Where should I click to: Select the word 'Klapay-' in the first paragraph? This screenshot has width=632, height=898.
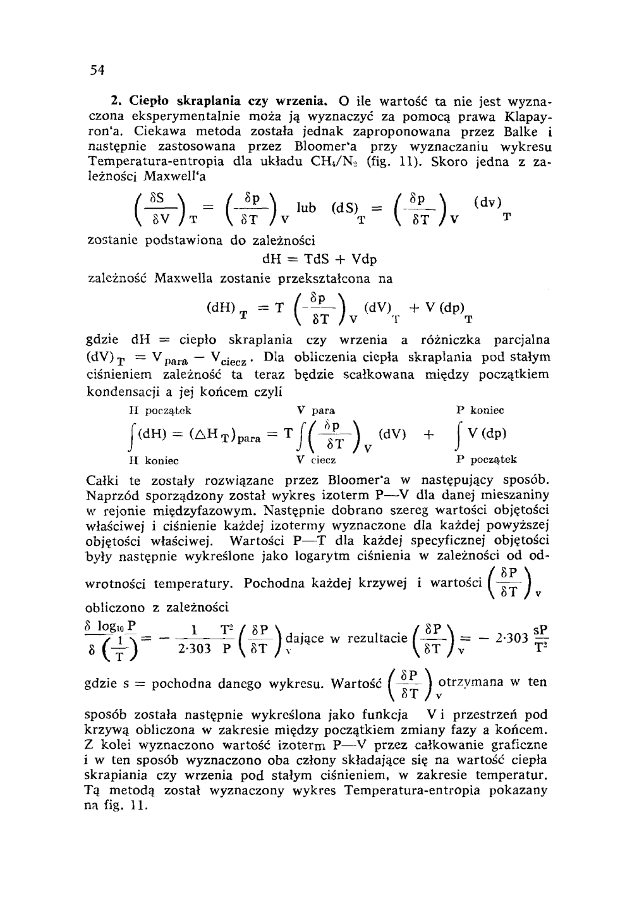click(x=522, y=117)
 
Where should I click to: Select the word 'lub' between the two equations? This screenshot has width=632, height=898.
click(x=308, y=208)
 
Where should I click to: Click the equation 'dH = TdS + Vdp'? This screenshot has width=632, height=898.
click(x=319, y=260)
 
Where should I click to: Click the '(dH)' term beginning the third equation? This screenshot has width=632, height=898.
click(x=221, y=309)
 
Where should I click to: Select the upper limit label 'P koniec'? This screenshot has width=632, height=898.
click(x=480, y=410)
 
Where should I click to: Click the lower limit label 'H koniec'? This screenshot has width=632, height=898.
click(x=152, y=460)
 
